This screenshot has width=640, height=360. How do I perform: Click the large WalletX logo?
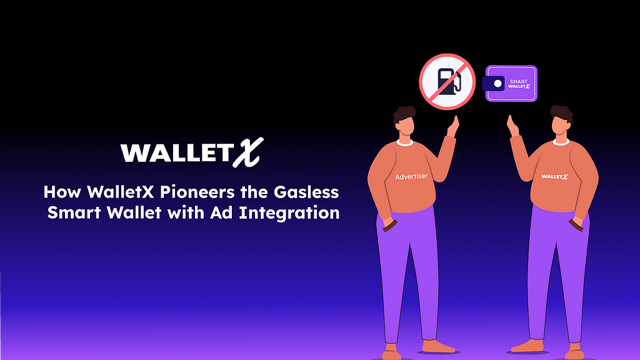(x=192, y=152)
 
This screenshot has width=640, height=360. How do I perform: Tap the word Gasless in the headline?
(x=306, y=192)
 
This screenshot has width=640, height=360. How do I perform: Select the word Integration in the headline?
(x=289, y=212)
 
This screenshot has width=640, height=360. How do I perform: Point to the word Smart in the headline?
(x=74, y=212)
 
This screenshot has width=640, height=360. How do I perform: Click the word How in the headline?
(x=62, y=192)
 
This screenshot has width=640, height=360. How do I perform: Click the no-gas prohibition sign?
(x=447, y=82)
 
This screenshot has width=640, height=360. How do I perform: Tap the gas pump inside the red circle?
(x=448, y=82)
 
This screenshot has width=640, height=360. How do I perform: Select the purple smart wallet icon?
(x=510, y=83)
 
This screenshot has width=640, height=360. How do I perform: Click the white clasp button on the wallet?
(x=497, y=84)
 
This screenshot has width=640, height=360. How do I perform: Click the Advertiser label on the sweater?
(x=411, y=176)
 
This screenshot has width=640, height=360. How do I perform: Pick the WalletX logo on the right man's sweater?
(x=554, y=176)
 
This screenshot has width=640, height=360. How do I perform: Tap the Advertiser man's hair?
(x=404, y=114)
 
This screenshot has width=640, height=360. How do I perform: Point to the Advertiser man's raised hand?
(x=453, y=126)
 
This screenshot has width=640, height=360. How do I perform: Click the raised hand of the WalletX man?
(x=512, y=126)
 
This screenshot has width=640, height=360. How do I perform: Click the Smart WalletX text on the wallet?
(x=519, y=84)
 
